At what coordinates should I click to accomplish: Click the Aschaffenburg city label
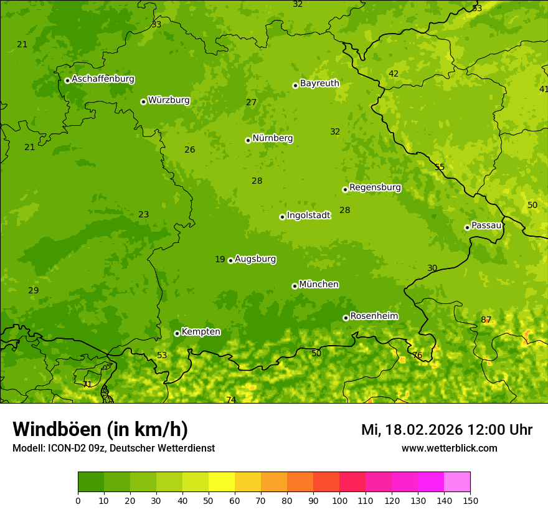coord(103,79)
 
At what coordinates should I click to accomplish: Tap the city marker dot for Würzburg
coord(143,102)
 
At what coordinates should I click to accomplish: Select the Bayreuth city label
coord(319,83)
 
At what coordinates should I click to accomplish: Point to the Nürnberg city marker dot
coord(248,140)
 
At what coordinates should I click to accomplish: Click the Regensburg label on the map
coord(375,187)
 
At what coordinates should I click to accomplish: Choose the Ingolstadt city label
coord(308,215)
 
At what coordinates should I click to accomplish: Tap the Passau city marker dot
coord(467,227)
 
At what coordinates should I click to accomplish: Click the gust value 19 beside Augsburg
coord(220,259)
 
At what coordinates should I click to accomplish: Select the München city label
coord(319,284)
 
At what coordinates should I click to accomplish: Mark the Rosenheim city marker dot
coord(346,318)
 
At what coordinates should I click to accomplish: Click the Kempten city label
coord(201,331)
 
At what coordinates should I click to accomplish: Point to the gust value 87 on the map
coord(486,320)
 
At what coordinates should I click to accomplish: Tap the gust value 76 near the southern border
coord(417,355)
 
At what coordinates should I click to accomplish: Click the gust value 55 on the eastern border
coord(440,167)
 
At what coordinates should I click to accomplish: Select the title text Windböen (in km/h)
coord(100,429)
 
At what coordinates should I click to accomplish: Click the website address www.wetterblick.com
coord(449,448)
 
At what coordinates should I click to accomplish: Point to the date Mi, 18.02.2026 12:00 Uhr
coord(446,430)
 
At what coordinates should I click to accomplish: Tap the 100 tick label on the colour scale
coord(339,500)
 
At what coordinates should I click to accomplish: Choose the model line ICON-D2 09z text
coord(113,448)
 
